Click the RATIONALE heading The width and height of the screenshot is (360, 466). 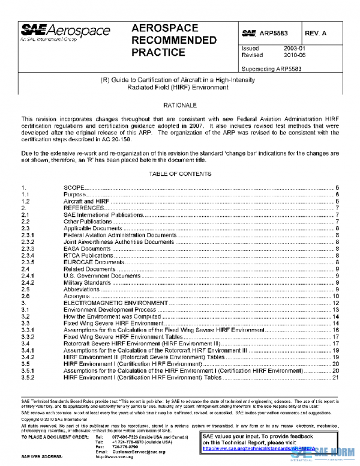(180, 106)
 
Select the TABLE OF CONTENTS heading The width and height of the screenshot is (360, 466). (180, 174)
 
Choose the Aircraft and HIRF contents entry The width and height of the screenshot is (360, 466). (82, 201)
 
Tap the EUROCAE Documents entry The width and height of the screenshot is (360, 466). (88, 262)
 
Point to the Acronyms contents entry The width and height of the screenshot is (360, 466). (76, 296)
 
